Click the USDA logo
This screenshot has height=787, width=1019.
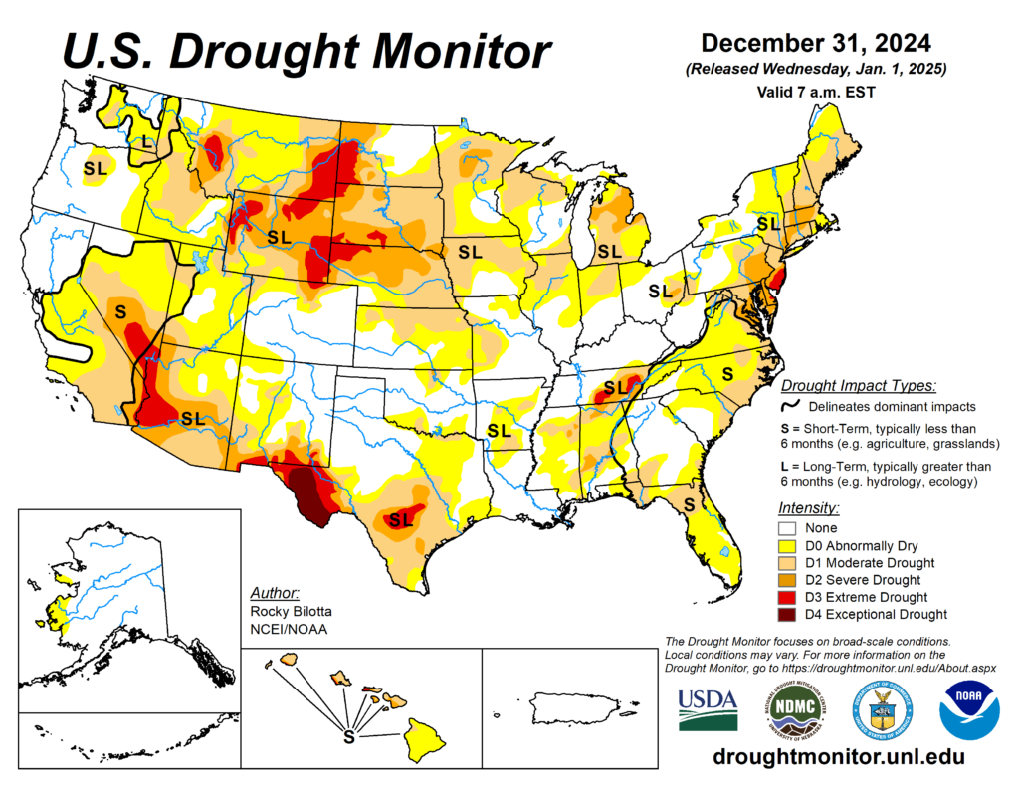pyautogui.click(x=708, y=708)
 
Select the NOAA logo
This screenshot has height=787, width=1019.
pyautogui.click(x=969, y=708)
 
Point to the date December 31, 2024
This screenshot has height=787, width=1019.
pyautogui.click(x=815, y=43)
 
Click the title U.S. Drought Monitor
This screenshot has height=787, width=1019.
pyautogui.click(x=306, y=50)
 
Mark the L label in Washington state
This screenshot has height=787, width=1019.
pyautogui.click(x=147, y=142)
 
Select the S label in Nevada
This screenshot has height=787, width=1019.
pyautogui.click(x=120, y=311)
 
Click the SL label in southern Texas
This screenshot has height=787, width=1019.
pyautogui.click(x=401, y=519)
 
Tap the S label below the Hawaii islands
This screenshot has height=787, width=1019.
pyautogui.click(x=348, y=737)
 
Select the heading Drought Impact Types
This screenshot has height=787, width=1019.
pyautogui.click(x=857, y=386)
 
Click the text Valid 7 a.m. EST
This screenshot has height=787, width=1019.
pyautogui.click(x=815, y=91)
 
